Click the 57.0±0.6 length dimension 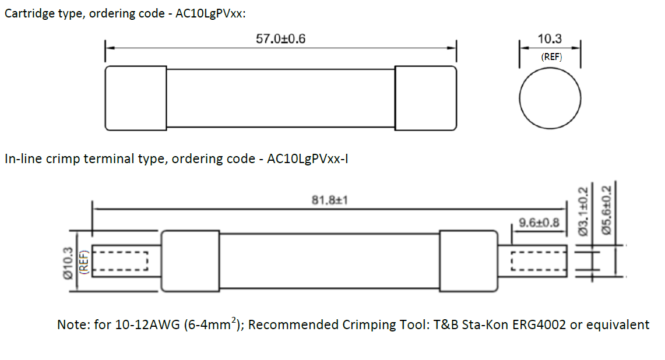point(280,39)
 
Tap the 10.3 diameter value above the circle point(550,39)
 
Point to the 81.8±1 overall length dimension point(330,200)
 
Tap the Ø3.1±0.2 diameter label point(583,211)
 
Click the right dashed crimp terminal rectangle point(539,261)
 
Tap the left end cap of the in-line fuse point(190,261)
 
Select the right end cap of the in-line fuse point(468,261)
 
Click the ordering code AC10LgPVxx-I point(307,159)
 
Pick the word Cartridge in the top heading point(29,13)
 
